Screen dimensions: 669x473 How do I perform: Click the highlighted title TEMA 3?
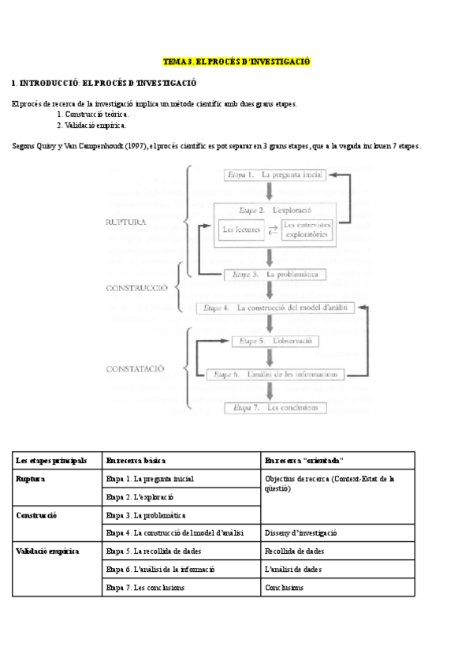[x=236, y=62]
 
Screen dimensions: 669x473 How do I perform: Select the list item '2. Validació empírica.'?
[x=91, y=125]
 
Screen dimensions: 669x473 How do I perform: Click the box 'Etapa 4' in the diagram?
[x=275, y=308]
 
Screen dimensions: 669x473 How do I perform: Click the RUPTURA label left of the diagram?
[x=126, y=223]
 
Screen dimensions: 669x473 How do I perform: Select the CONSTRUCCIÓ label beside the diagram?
[x=136, y=288]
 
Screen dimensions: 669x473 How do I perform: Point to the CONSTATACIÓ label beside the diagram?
[x=136, y=368]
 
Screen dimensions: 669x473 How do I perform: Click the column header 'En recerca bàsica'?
[x=136, y=460]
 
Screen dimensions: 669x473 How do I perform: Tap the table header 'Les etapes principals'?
[x=51, y=460]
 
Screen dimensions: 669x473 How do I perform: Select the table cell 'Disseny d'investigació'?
[x=301, y=533]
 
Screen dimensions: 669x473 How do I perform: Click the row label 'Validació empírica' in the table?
[x=47, y=551]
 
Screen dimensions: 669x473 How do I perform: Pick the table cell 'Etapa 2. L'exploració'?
[x=140, y=497]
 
